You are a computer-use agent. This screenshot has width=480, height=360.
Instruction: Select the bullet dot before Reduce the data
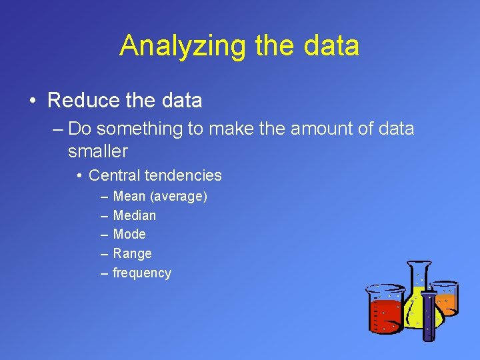tap(32, 101)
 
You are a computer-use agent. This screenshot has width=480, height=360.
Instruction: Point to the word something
tap(141, 129)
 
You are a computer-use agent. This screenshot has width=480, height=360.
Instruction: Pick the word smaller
tap(97, 151)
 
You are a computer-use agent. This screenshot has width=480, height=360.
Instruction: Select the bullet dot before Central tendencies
tap(79, 176)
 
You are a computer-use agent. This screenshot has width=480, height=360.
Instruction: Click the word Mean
tap(130, 197)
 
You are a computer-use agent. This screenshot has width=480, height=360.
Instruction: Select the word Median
tap(135, 215)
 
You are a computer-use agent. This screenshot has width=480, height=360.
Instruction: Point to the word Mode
tap(129, 234)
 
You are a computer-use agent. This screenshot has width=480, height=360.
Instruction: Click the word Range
tap(133, 253)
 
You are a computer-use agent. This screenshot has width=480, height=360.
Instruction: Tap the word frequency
tap(142, 273)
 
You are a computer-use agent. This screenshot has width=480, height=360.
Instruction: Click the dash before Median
tap(105, 215)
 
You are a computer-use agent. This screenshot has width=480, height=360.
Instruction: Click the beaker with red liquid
tap(385, 310)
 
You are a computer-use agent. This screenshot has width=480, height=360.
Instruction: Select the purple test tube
tap(430, 313)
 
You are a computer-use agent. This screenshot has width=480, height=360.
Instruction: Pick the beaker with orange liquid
tap(445, 298)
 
